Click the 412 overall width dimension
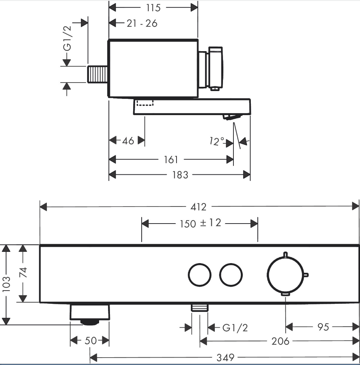click(x=198, y=207)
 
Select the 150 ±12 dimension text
click(x=201, y=223)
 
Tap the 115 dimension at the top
click(x=153, y=8)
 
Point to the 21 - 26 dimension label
click(x=142, y=23)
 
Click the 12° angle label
click(x=217, y=141)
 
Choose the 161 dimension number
click(x=171, y=160)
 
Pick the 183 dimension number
click(x=180, y=175)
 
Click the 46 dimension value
click(x=128, y=141)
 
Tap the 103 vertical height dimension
click(x=6, y=284)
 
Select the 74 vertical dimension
click(x=23, y=272)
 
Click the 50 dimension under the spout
click(x=91, y=341)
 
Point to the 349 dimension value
click(x=225, y=357)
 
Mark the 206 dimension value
click(x=280, y=341)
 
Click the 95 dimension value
click(x=323, y=327)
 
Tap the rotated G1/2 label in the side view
click(x=67, y=38)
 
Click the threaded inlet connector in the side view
click(x=98, y=74)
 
